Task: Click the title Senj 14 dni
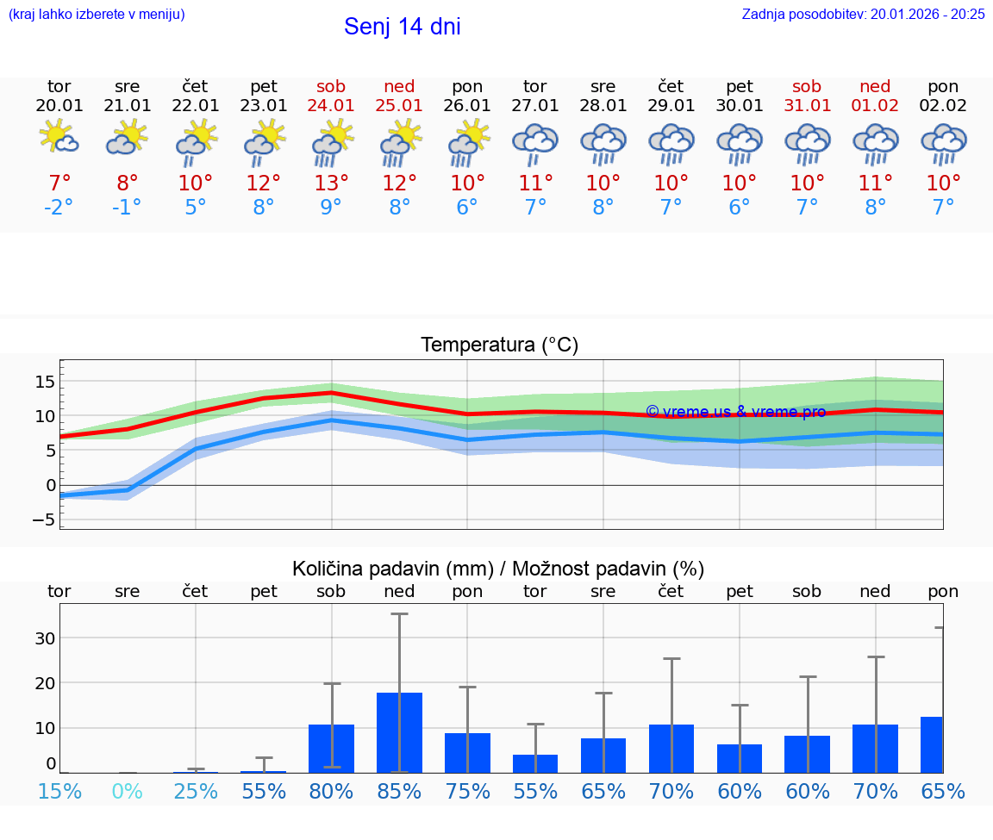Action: click(402, 27)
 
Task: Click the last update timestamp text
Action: click(863, 14)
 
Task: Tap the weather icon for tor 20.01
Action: click(59, 139)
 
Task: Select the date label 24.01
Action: click(331, 105)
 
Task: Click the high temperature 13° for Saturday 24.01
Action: click(331, 183)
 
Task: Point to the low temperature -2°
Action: click(59, 207)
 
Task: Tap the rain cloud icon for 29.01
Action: click(671, 144)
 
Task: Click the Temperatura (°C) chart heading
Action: click(499, 345)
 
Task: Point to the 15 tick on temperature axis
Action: click(44, 381)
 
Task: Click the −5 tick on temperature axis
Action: click(42, 520)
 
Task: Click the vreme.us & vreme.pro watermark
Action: click(735, 412)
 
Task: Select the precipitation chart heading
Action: click(498, 569)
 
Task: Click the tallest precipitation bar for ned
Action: click(399, 732)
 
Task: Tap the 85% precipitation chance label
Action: click(399, 791)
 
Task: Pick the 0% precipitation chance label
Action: click(127, 791)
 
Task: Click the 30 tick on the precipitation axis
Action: click(45, 638)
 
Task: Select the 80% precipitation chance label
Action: click(331, 791)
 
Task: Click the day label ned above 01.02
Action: click(875, 86)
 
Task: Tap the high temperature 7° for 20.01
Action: click(59, 183)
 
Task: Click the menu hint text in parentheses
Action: click(97, 14)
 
